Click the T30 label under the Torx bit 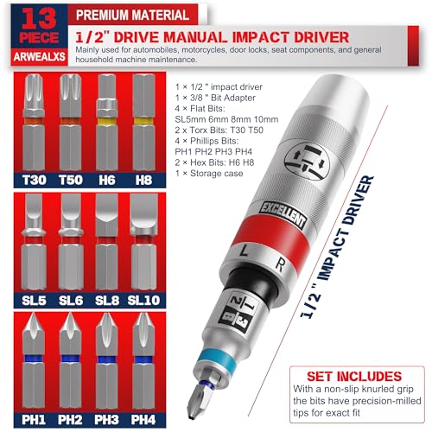coord(34,180)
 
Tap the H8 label coord(143,180)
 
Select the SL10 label coord(143,301)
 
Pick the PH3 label coord(107,420)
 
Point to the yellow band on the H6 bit coord(107,121)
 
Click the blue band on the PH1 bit coord(34,359)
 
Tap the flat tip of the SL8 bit coord(107,195)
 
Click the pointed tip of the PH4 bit coord(143,314)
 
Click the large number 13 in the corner coord(39,18)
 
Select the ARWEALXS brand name coord(40,57)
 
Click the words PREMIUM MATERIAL coord(132,15)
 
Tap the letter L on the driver coord(245,251)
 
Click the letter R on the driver coord(279,265)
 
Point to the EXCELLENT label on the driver coord(283,216)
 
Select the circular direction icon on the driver coord(308,162)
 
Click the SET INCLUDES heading coord(354,377)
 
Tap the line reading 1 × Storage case coord(209,174)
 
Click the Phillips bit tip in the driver coord(199,401)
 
